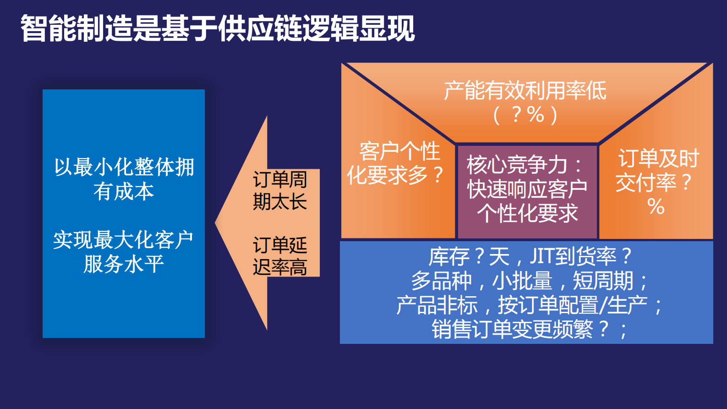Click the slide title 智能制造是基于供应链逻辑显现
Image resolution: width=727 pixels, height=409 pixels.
(218, 28)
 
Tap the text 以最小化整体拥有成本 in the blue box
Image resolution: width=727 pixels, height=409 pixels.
(124, 179)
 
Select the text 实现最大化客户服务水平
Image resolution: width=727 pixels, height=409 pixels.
(123, 252)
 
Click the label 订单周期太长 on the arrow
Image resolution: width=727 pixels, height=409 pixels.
(279, 190)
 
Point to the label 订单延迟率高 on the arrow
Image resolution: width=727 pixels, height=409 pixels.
(279, 256)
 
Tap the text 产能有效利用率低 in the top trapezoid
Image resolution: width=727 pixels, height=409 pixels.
(525, 90)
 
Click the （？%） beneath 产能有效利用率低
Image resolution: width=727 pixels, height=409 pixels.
(525, 115)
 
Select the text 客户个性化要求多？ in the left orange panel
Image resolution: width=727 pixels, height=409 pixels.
(395, 163)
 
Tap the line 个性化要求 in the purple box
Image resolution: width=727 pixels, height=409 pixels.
(527, 213)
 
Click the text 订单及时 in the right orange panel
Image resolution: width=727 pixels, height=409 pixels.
(658, 159)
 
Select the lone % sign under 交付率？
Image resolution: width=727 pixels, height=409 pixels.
(656, 207)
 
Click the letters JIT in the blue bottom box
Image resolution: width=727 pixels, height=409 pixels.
(541, 256)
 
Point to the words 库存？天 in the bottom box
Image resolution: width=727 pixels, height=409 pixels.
(469, 256)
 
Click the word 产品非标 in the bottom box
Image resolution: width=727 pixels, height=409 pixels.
(437, 305)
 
